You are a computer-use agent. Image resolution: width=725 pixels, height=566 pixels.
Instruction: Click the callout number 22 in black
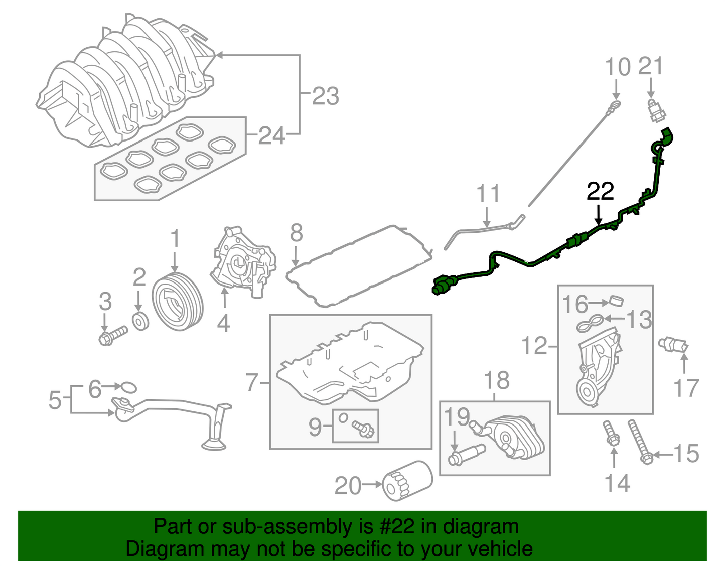(600, 191)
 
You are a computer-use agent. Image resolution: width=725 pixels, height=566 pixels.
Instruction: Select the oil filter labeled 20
(407, 480)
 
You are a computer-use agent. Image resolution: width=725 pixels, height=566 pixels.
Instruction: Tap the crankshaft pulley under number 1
(177, 303)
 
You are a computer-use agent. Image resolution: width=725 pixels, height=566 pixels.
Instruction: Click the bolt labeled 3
(112, 335)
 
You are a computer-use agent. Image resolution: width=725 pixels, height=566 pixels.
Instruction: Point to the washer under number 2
(140, 321)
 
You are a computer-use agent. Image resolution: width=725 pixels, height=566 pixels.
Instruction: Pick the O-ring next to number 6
(128, 387)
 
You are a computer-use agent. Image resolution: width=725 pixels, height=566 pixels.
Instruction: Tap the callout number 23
(326, 96)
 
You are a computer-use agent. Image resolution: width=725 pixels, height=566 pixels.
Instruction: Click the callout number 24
(272, 135)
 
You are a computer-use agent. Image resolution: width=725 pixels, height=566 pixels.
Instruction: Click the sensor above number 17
(673, 345)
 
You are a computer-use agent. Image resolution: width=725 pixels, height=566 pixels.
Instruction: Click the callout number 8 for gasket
(297, 233)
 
